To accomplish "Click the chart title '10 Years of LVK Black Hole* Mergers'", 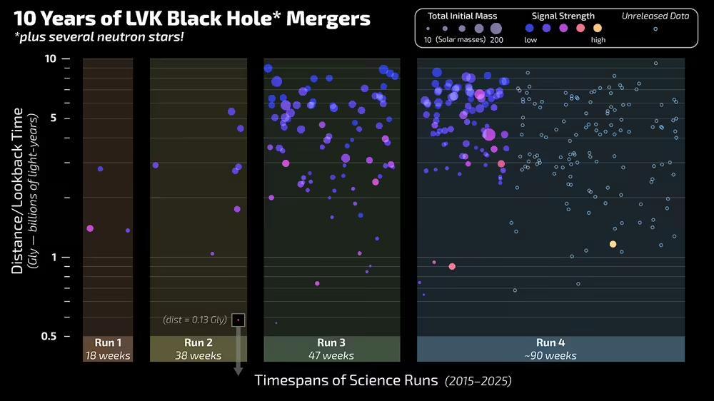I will tap(192, 19).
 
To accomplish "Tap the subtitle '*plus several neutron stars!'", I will tap(99, 36).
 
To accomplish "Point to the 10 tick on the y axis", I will tap(51, 59).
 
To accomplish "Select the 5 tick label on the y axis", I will tap(53, 118).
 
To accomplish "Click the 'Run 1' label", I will tap(108, 342).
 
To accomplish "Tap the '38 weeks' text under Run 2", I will tap(198, 355).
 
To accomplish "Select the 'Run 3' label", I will tap(331, 342).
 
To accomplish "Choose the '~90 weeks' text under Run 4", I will tap(550, 355).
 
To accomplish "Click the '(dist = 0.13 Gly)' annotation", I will tap(195, 320).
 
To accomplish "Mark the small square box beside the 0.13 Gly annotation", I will tap(238, 320).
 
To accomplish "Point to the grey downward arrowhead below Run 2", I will tap(238, 371).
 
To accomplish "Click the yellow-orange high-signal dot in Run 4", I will tap(613, 244).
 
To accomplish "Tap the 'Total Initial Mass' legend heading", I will tap(463, 16).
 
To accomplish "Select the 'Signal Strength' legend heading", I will tap(563, 16).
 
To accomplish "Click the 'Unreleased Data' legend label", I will tap(655, 16).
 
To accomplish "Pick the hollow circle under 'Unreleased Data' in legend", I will tap(655, 29).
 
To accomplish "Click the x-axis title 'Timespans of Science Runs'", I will tap(346, 380).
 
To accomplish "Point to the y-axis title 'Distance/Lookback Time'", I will tap(18, 191).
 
